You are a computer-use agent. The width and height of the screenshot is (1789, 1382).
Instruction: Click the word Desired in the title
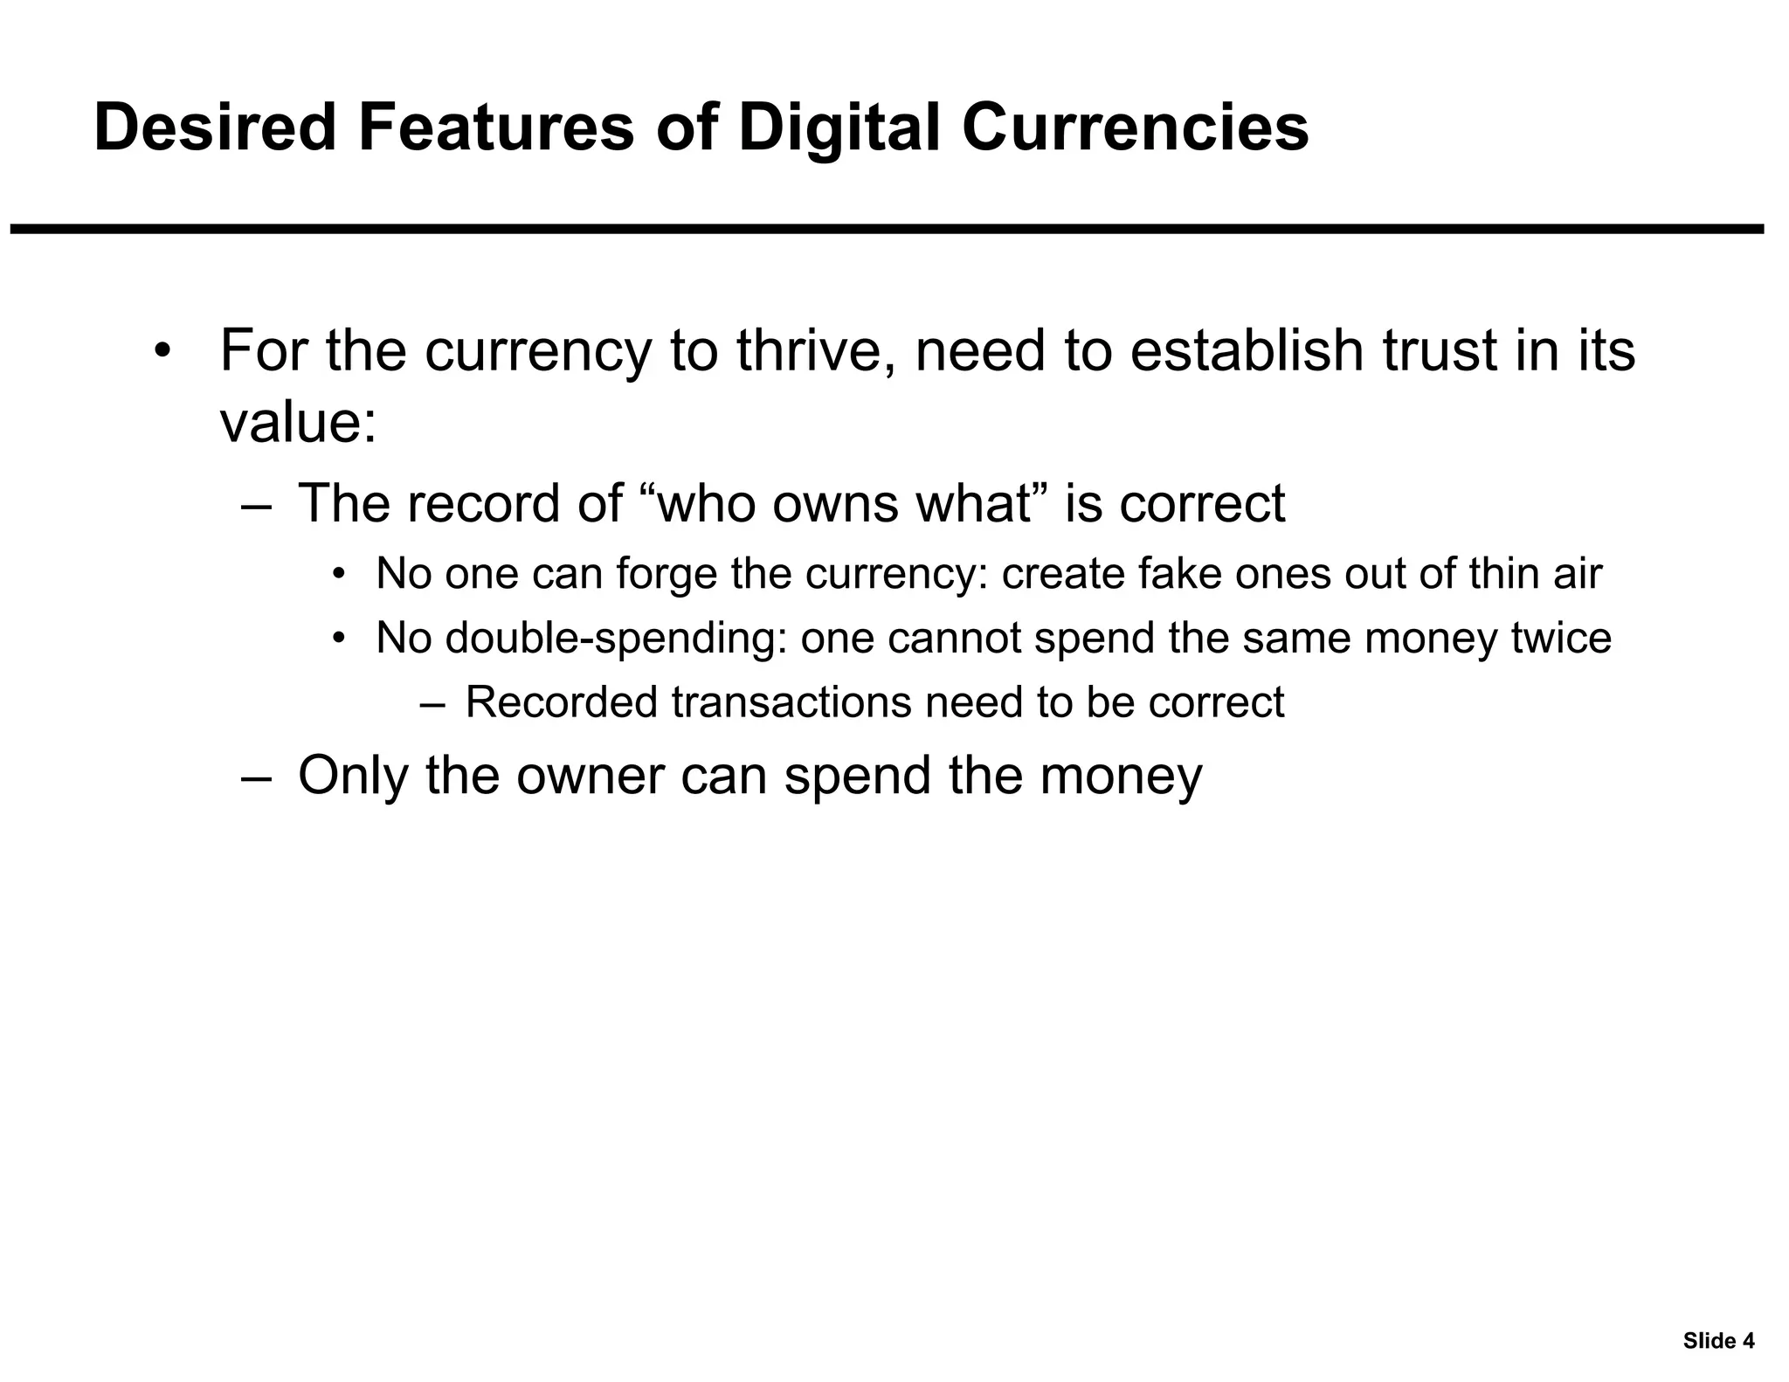[x=215, y=128]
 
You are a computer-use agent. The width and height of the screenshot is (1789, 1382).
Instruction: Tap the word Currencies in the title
[x=1135, y=128]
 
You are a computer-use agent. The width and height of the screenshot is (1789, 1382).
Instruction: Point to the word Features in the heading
[x=495, y=128]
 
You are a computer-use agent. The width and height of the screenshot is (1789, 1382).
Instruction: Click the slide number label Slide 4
[x=1718, y=1341]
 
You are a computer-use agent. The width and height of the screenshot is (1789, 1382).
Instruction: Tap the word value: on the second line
[x=298, y=423]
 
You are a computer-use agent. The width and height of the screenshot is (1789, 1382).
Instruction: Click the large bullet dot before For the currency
[x=162, y=351]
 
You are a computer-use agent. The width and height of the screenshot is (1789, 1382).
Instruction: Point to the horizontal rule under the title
[x=887, y=229]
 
